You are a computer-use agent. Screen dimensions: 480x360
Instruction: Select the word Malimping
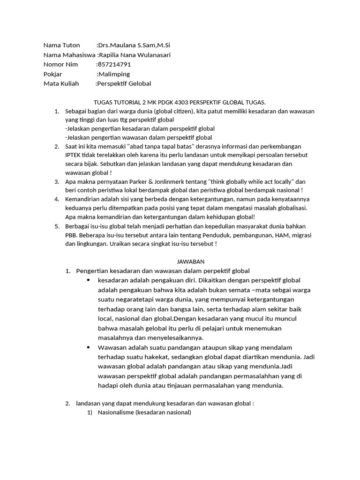tap(113, 74)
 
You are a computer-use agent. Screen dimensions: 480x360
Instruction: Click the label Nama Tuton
tap(61, 45)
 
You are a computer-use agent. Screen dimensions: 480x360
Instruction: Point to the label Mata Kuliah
tap(61, 83)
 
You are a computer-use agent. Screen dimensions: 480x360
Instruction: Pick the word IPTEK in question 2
tap(74, 155)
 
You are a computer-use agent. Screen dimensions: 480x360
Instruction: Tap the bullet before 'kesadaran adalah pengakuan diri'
tap(88, 280)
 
